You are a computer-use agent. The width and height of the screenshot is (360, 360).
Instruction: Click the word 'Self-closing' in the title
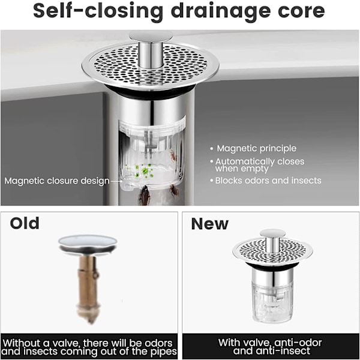[x=98, y=11]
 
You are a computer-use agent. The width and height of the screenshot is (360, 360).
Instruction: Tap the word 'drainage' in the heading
[x=221, y=11]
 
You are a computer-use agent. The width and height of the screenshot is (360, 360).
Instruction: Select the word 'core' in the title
[x=301, y=11]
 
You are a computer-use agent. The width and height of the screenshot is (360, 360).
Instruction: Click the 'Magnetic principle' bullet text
[x=256, y=148]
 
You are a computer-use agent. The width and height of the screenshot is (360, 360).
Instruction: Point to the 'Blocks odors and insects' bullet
[x=268, y=181]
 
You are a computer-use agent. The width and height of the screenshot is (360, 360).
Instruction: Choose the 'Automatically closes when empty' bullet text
[x=260, y=165]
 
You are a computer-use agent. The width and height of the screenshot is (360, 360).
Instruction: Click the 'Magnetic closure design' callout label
[x=57, y=181]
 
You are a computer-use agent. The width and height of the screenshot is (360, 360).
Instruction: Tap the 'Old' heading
[x=25, y=223]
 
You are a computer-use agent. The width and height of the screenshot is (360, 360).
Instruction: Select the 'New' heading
[x=210, y=224]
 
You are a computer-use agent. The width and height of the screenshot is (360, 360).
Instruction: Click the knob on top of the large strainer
[x=151, y=49]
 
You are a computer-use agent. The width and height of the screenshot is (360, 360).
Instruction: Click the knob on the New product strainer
[x=272, y=241]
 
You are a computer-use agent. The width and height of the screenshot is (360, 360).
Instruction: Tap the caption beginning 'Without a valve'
[x=89, y=347]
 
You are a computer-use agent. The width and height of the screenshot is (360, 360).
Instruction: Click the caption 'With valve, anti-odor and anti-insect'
[x=270, y=346]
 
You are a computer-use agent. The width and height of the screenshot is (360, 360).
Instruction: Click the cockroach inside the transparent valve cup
[x=174, y=156]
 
